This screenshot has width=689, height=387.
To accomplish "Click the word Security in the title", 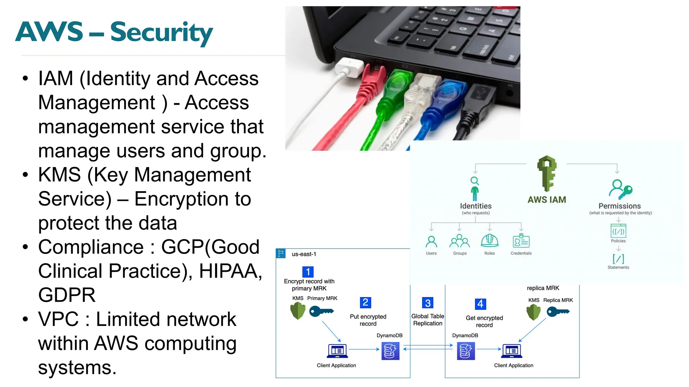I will (x=161, y=33).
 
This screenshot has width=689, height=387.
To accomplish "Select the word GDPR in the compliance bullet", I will (x=67, y=295).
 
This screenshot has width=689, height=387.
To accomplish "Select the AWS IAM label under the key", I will (x=547, y=200).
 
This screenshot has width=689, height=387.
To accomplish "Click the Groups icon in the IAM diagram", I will (x=460, y=241).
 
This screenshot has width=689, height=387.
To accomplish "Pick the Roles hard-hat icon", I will (x=489, y=241).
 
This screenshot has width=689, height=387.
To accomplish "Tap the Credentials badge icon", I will (x=521, y=241).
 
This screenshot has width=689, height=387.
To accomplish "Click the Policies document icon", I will (x=618, y=231).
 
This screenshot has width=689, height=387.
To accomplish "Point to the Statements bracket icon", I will (x=618, y=259).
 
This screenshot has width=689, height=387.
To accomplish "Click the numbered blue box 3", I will (x=428, y=303).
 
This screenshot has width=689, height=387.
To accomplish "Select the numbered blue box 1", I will (x=308, y=272).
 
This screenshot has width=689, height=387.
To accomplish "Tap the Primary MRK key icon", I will (x=321, y=311).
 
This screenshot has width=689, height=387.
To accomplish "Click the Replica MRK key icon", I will (x=558, y=312).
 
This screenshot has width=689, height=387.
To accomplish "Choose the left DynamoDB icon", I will (x=390, y=351).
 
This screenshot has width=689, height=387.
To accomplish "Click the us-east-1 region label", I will (x=304, y=254).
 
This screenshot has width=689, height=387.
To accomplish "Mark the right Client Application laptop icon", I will (x=511, y=351).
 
